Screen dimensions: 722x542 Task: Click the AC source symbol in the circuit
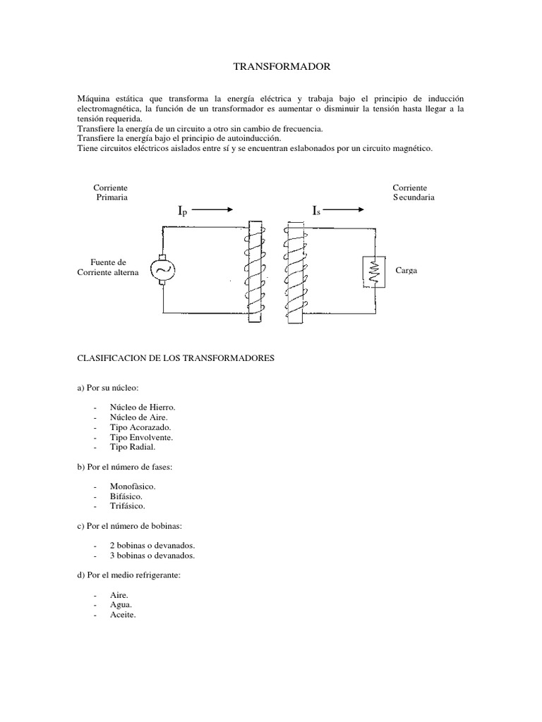[162, 269]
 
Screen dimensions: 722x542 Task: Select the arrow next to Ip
[211, 209]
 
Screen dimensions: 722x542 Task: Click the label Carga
[406, 271]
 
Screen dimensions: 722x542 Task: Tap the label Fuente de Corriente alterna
[108, 267]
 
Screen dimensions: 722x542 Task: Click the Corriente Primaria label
[111, 193]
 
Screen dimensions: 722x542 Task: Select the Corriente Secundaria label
[414, 193]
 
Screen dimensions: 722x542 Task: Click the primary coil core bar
[255, 272]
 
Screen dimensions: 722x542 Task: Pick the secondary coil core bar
[295, 272]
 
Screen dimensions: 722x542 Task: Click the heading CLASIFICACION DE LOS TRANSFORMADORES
[174, 358]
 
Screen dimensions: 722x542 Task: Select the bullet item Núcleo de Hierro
[143, 408]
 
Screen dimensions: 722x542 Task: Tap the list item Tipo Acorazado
[140, 427]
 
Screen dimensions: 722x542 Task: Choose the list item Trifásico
[128, 506]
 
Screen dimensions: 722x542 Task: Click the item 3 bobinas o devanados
[152, 556]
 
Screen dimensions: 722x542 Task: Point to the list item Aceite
[122, 615]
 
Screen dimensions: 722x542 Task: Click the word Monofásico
[133, 487]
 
